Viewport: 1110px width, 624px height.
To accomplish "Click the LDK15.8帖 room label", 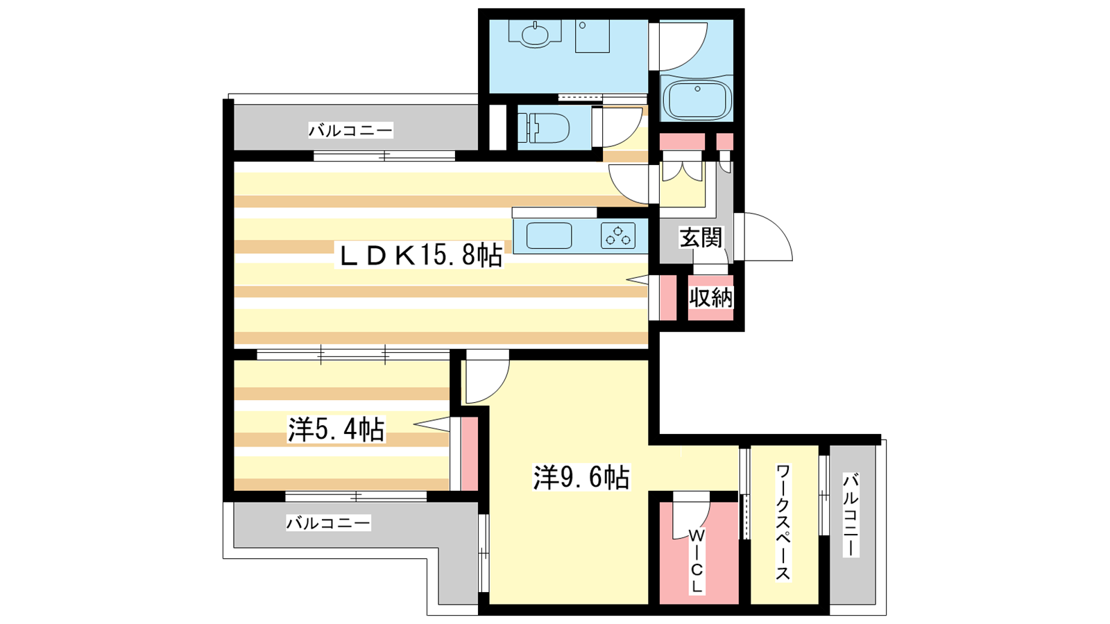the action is [420, 256].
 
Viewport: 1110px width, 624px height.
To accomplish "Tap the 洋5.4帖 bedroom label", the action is [336, 429].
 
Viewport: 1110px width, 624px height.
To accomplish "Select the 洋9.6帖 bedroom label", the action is [581, 478].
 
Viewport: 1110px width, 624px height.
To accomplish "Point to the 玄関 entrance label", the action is [701, 238].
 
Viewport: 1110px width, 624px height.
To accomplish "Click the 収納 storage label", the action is [711, 297].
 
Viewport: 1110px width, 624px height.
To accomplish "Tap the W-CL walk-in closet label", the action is [697, 561].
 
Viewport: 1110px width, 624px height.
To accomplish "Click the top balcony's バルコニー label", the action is [351, 131].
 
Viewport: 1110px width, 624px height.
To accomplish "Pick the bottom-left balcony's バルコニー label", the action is [329, 523].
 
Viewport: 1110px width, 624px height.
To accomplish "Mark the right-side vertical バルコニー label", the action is [851, 514].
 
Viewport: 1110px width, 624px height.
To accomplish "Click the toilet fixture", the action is [543, 128].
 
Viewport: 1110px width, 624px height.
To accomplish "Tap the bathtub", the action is [697, 100].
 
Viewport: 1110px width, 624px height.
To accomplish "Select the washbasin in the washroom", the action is [535, 35].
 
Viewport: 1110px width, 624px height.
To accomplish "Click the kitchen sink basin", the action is [549, 236].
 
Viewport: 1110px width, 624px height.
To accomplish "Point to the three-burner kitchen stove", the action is [618, 236].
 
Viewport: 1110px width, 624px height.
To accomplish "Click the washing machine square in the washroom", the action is [592, 36].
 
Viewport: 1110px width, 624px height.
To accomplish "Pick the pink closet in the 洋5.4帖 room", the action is [470, 453].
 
